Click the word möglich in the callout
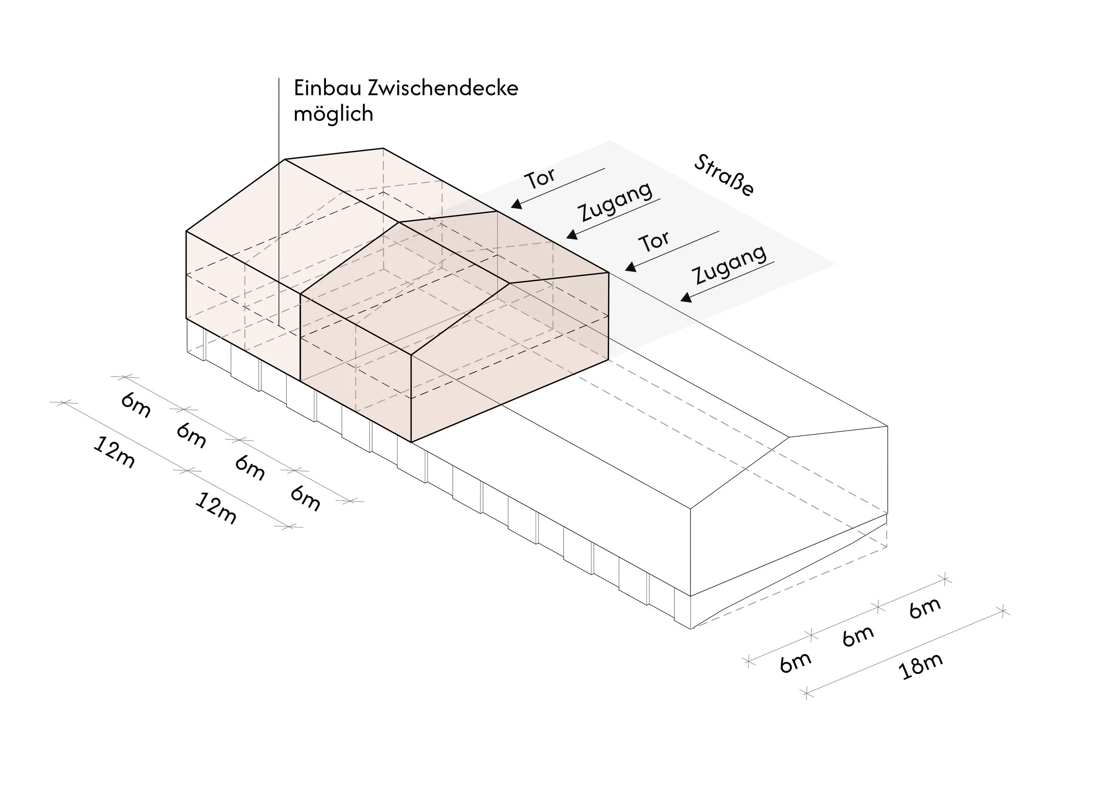333,114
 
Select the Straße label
724,175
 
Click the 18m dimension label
921,666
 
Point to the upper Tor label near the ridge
540,178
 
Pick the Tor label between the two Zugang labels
654,241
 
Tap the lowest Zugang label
730,264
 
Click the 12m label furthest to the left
114,452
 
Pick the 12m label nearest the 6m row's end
216,508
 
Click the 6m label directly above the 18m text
858,636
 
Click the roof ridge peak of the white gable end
789,437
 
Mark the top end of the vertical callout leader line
279,78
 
